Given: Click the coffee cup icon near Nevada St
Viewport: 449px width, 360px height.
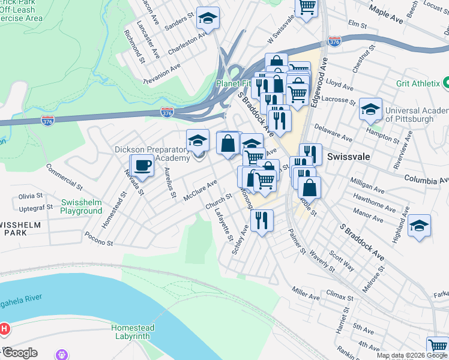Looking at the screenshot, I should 142,166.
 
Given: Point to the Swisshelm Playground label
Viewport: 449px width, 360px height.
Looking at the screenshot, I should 81,206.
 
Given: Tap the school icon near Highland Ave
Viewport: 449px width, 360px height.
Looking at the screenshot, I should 419,226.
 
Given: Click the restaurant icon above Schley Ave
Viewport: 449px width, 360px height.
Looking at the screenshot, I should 262,220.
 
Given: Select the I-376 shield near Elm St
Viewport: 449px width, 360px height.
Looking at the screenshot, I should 334,41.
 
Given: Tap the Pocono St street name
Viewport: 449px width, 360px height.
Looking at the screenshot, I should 99,239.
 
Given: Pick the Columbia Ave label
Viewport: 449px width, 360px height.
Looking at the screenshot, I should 426,179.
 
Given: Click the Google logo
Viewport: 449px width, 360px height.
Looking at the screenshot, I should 20,352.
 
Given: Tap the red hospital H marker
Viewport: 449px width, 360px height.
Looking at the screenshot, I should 4,329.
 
